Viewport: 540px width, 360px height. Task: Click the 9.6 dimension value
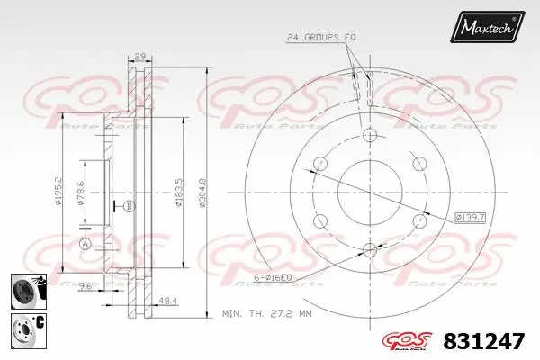coord(86,287)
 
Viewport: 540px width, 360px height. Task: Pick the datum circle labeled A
coord(85,243)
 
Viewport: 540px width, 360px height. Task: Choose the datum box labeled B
coord(130,207)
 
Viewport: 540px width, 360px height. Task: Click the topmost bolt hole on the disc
coord(369,135)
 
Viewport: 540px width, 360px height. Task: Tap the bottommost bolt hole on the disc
coord(369,249)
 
